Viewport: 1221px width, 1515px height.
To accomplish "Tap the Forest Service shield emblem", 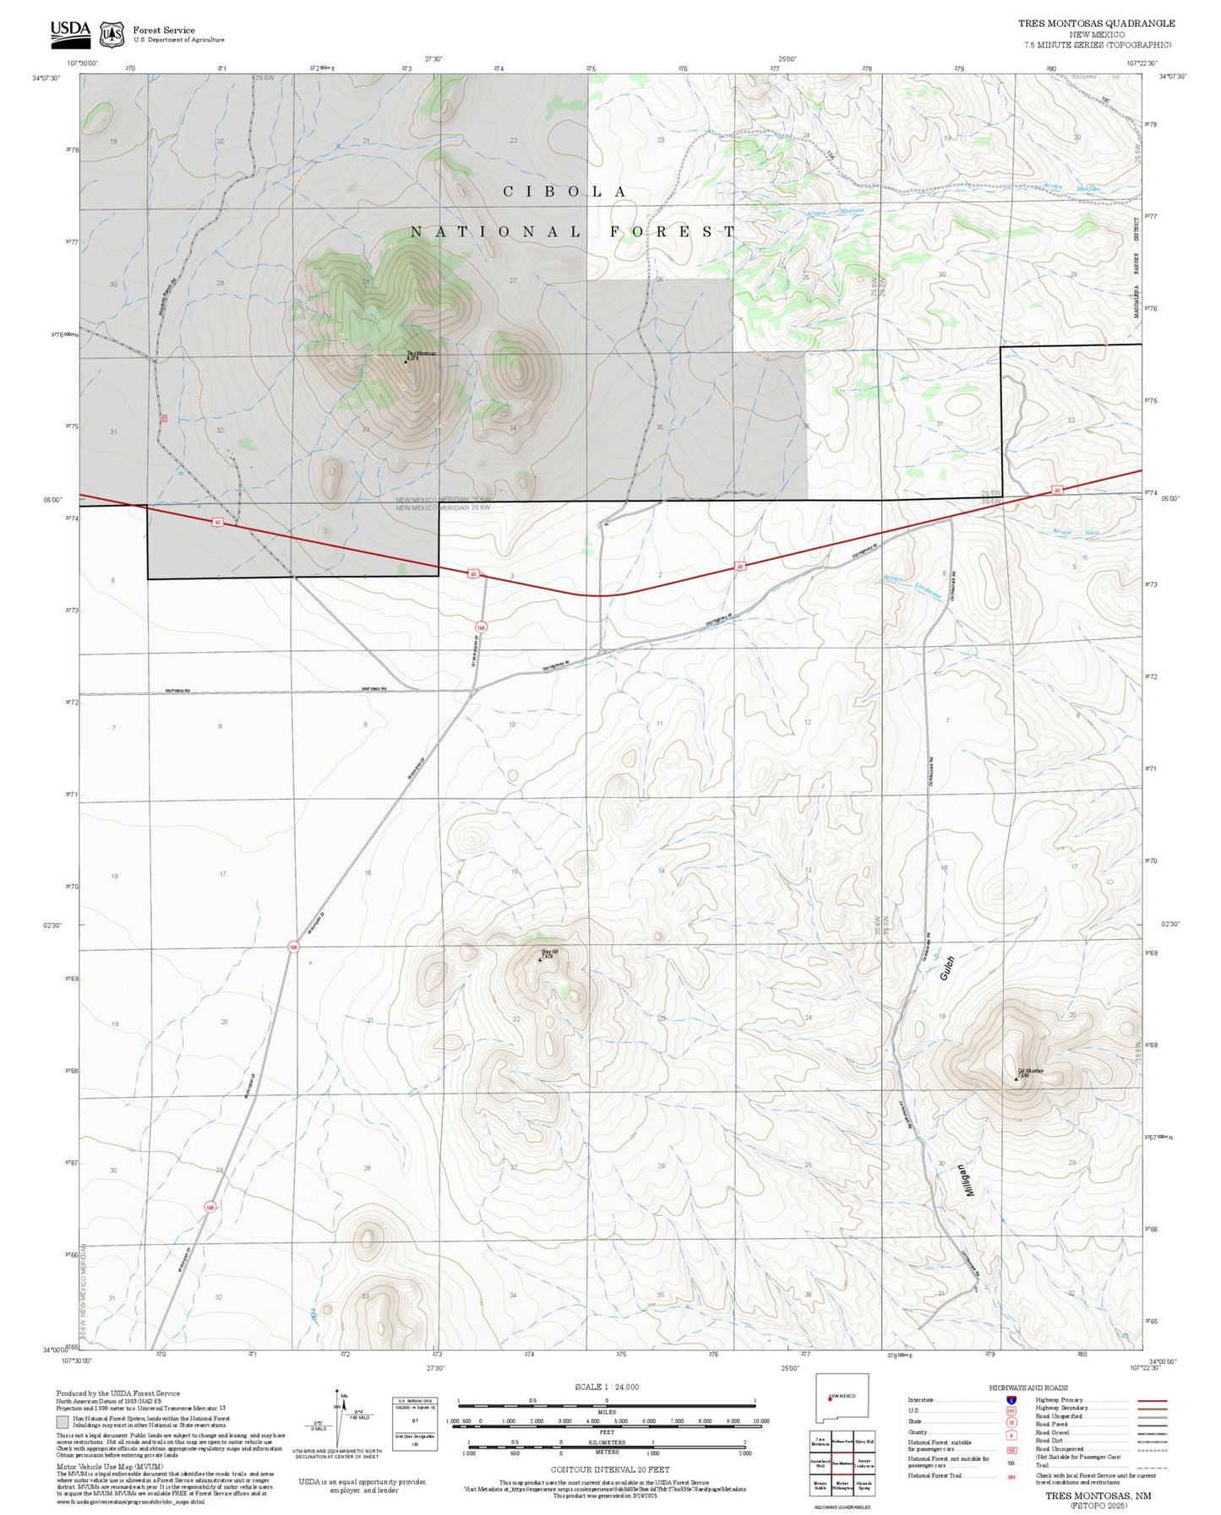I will click(112, 34).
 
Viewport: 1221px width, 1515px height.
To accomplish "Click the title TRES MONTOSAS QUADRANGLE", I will click(1096, 24).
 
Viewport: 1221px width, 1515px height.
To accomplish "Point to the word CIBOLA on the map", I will click(564, 192).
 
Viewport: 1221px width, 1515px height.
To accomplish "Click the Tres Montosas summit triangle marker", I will click(406, 361).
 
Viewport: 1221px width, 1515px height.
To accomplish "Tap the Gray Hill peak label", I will click(549, 953).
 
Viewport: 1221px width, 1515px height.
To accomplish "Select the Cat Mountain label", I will click(1031, 1071).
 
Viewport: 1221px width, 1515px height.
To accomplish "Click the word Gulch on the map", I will click(946, 968).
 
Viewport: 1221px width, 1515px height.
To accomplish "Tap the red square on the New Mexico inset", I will click(830, 1396).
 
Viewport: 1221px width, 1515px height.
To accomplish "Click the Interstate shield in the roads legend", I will click(1012, 1399).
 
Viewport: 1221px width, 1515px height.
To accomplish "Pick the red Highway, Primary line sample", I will click(1153, 1400).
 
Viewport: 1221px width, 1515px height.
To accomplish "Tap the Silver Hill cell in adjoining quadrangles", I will click(864, 1441).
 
